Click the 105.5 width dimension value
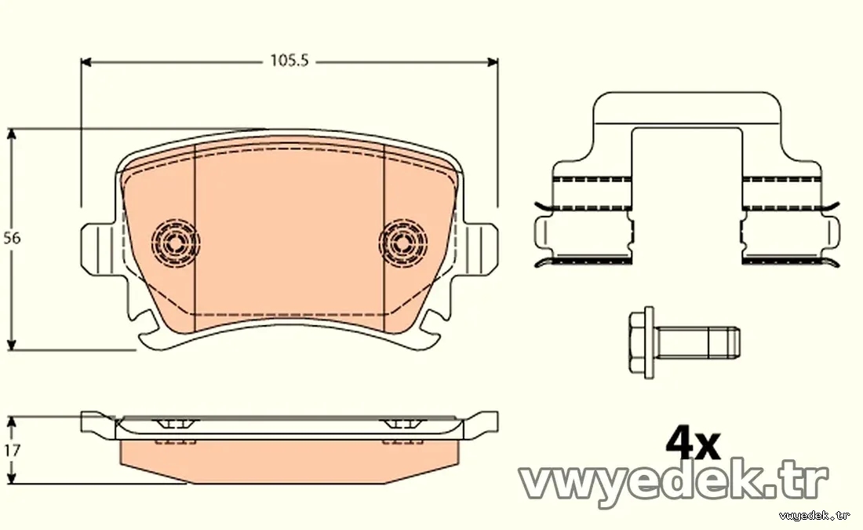point(289,60)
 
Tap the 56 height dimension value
point(12,238)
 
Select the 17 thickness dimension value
point(12,450)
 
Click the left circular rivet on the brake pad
point(176,242)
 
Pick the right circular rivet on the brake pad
point(403,242)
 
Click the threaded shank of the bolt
point(697,342)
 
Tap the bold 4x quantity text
point(693,444)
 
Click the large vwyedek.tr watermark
point(674,484)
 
